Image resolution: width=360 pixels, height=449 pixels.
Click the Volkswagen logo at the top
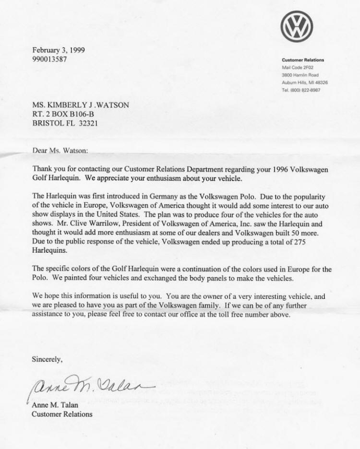[297, 26]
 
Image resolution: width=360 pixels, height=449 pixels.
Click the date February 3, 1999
[59, 50]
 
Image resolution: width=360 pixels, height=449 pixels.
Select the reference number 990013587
[49, 59]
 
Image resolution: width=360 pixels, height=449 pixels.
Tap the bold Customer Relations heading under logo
[303, 60]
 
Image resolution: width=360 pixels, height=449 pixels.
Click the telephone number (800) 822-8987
[307, 90]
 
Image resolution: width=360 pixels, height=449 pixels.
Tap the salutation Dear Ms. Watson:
[60, 150]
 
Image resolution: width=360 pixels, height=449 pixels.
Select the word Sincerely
[47, 359]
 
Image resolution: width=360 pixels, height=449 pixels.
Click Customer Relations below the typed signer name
[62, 414]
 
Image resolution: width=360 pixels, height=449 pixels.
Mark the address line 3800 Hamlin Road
[300, 75]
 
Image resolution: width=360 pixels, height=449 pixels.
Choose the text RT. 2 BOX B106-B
[63, 114]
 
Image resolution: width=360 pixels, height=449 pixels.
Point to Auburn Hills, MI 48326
[305, 83]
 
